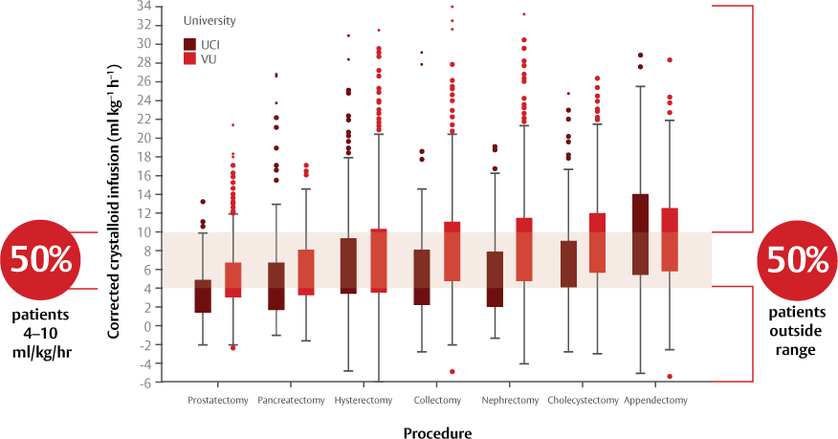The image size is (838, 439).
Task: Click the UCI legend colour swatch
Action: pos(189,44)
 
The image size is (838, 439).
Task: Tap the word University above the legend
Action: pos(209,20)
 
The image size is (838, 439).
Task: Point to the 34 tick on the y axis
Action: pos(144,6)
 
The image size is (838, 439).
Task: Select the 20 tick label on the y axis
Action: pos(144,138)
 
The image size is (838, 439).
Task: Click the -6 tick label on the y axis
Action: pos(144,383)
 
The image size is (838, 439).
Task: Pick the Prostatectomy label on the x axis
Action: pos(219,400)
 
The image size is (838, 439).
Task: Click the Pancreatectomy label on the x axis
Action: pos(291,400)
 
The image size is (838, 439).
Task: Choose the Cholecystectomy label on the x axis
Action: pos(583,400)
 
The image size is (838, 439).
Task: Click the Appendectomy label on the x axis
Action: pos(655,400)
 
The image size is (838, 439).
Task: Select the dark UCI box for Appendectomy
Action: pos(641,234)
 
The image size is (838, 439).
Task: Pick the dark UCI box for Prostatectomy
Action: pos(203,296)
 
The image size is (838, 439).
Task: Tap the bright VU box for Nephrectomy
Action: pos(524,249)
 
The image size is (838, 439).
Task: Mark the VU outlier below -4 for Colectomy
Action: pos(452,371)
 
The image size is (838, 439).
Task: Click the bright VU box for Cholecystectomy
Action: pos(598,243)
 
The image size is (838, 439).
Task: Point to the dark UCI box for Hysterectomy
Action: pos(348,265)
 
